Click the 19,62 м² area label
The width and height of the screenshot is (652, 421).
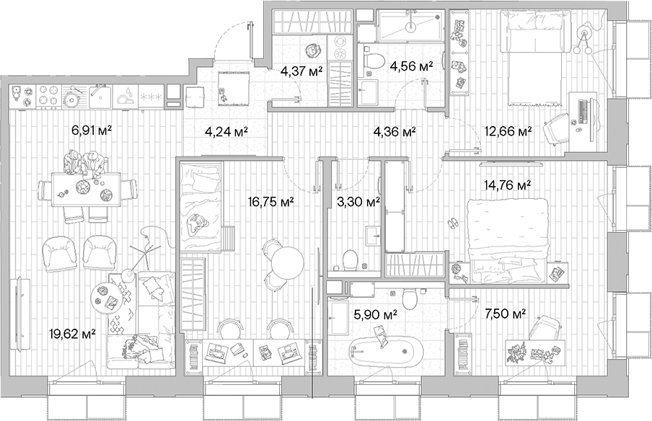click(x=73, y=333)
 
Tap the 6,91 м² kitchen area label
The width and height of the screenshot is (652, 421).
click(x=93, y=131)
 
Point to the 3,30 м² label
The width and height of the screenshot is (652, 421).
click(x=359, y=203)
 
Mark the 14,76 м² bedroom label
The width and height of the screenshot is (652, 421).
click(x=508, y=185)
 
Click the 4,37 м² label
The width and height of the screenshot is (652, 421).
click(x=301, y=71)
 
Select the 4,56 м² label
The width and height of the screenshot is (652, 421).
click(x=411, y=66)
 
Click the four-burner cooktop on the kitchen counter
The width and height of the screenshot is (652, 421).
click(x=48, y=94)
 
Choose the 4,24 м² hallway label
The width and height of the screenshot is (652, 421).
click(x=226, y=131)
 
